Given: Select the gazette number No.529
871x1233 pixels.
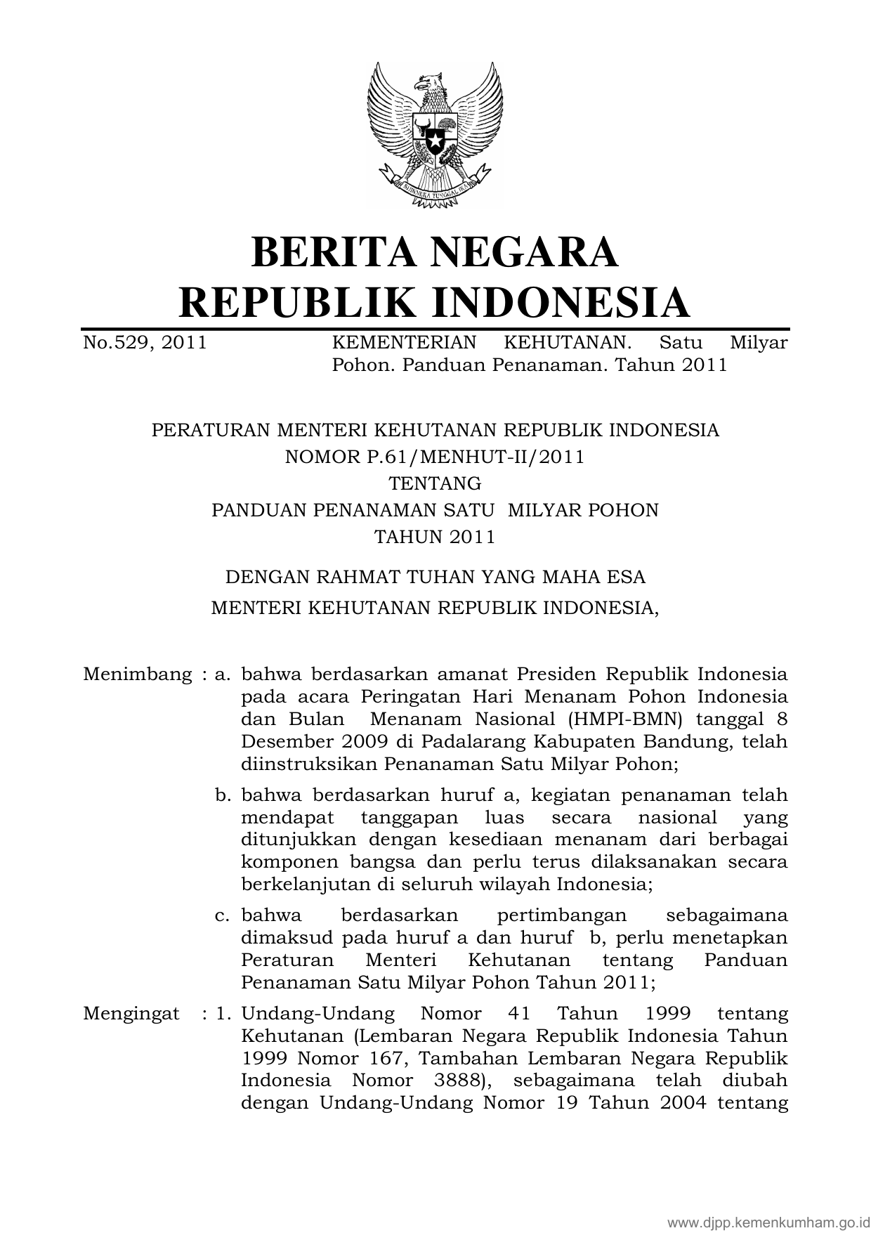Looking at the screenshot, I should (x=115, y=342).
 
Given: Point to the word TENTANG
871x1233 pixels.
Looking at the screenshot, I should (x=435, y=483).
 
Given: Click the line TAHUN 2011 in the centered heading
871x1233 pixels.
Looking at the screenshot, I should (x=435, y=537).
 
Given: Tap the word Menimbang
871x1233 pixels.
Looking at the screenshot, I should (x=137, y=674).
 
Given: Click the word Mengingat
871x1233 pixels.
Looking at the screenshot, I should (x=131, y=1014).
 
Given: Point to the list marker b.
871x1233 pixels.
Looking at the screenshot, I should (x=223, y=795).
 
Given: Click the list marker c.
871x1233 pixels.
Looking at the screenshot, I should (x=223, y=915).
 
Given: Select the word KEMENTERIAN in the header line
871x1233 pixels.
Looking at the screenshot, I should (x=404, y=342).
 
